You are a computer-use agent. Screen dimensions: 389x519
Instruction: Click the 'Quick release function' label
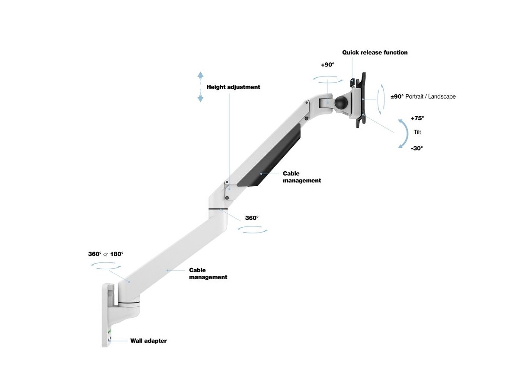[375, 53]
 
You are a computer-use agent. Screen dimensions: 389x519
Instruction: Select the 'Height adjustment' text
[233, 87]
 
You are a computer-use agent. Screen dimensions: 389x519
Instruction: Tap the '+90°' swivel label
[328, 64]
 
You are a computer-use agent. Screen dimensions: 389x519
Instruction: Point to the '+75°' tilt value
[417, 118]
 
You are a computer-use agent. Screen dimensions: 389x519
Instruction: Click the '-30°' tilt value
[417, 148]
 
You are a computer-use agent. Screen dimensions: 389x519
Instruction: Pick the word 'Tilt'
[417, 132]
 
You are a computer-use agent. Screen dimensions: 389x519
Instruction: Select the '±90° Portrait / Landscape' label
[423, 97]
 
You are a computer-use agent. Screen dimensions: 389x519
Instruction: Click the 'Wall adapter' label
[148, 341]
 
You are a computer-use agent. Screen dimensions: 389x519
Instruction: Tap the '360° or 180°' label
[106, 254]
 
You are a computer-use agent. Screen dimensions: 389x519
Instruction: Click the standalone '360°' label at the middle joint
[252, 218]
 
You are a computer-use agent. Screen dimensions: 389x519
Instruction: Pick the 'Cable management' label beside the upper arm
[301, 177]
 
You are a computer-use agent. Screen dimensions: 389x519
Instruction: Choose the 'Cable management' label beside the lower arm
[208, 274]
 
